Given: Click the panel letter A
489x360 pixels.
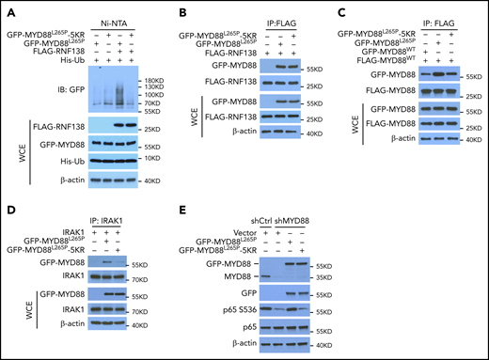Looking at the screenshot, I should tap(7, 8).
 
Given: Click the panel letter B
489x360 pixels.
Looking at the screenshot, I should tap(171, 8).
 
